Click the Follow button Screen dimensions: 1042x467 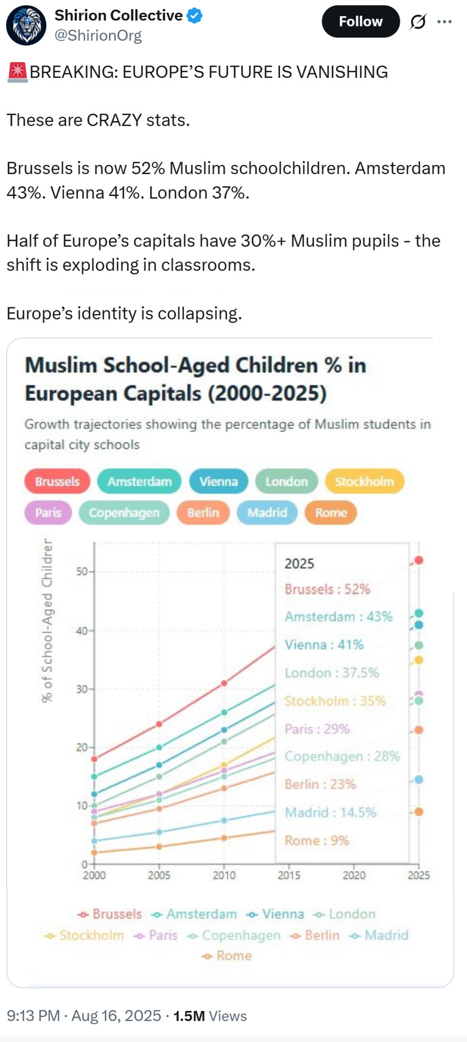point(360,21)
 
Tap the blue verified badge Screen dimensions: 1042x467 point(195,16)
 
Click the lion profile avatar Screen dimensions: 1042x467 point(26,25)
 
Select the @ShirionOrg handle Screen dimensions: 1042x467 point(98,36)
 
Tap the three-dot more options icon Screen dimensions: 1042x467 point(444,21)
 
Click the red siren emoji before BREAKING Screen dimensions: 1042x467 point(17,72)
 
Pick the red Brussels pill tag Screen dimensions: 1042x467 point(57,482)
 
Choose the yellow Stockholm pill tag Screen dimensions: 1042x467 point(364,482)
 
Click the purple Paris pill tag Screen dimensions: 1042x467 point(48,513)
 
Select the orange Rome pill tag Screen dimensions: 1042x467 point(331,513)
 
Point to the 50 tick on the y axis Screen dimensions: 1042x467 point(82,572)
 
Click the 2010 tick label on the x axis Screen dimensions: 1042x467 point(224,875)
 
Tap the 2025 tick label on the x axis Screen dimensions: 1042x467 point(419,875)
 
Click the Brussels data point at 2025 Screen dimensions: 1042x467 point(419,560)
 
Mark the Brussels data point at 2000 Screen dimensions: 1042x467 point(94,759)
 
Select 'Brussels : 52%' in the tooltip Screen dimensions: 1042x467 point(327,589)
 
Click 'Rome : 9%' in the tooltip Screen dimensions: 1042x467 point(316,840)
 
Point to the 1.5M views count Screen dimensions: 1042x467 point(189,1016)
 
